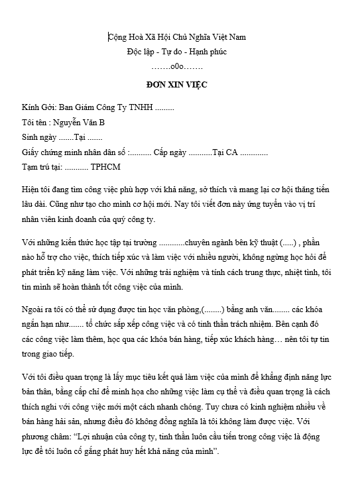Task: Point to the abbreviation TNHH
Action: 138,107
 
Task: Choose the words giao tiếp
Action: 65,354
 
